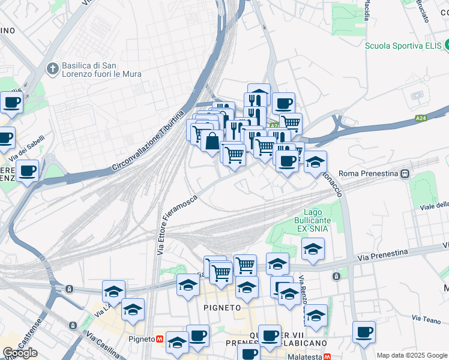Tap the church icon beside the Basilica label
coord(53,70)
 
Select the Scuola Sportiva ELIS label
coord(403,45)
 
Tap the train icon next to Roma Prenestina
coord(406,173)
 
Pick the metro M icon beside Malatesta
coord(327,356)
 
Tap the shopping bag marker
coord(212,142)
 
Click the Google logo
coord(20,352)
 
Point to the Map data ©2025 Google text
coord(412,355)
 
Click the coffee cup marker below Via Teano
coord(363,332)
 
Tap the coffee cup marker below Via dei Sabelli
coord(27,170)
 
